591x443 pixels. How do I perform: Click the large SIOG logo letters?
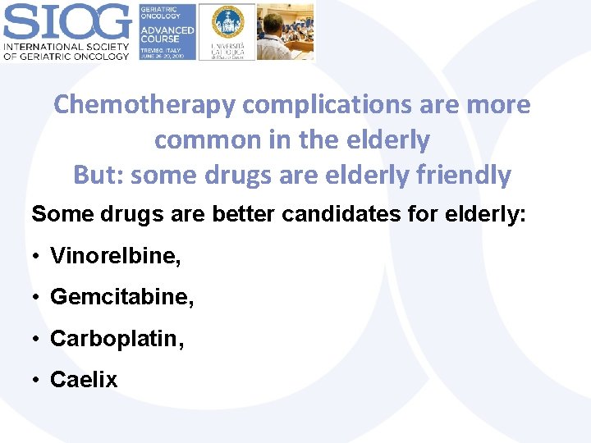click(x=66, y=21)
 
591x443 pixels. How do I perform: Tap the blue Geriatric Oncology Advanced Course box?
click(x=167, y=31)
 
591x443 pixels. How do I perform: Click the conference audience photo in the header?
click(x=285, y=31)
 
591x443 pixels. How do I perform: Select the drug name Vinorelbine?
click(x=116, y=256)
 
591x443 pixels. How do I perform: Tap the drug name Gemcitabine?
click(x=122, y=297)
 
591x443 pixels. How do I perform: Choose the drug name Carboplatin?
click(x=117, y=338)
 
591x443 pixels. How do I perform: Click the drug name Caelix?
click(x=84, y=379)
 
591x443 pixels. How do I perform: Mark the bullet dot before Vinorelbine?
click(x=39, y=257)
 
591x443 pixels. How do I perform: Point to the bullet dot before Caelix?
click(x=39, y=380)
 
